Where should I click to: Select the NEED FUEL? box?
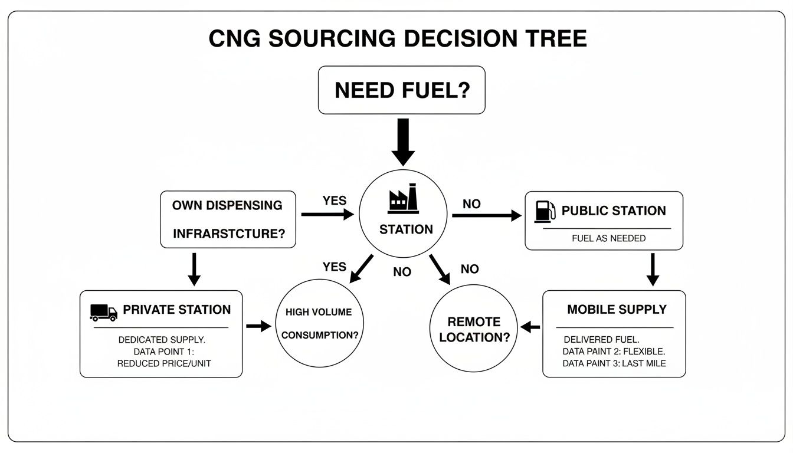point(401,90)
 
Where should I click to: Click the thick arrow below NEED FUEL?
point(403,142)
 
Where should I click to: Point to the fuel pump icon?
point(545,211)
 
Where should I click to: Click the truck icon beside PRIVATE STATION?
point(103,311)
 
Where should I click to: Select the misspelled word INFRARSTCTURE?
point(229,234)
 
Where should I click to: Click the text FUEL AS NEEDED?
point(608,238)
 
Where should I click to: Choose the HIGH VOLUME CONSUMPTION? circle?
point(320,324)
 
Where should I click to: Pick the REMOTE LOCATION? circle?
point(474,330)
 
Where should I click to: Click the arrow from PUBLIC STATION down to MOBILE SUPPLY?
point(652,270)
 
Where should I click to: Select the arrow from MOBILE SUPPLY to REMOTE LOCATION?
point(530,327)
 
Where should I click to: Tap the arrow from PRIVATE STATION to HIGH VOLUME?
point(258,326)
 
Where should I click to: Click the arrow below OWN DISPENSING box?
point(194,270)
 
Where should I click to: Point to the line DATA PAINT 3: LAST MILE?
point(614,363)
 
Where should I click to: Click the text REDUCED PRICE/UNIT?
point(164,363)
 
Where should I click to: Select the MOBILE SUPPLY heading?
point(617,310)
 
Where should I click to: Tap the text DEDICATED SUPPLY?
point(162,340)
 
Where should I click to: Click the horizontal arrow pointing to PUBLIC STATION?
point(486,216)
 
